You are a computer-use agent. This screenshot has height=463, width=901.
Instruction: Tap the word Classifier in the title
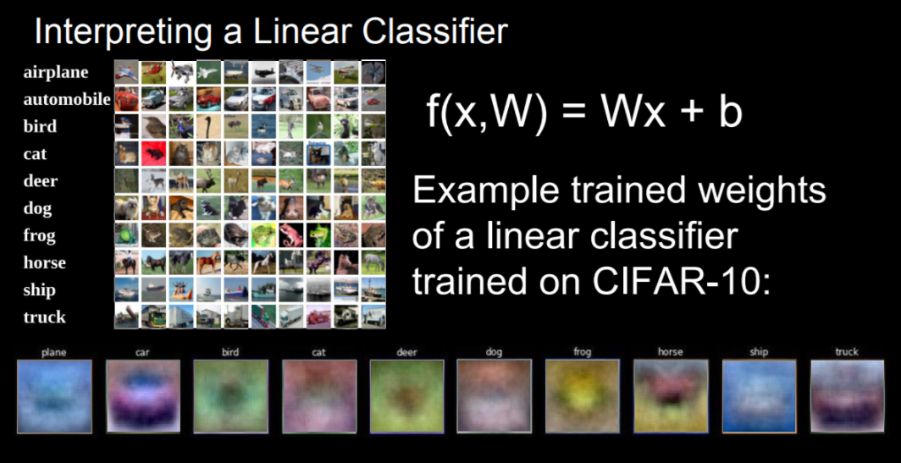click(x=435, y=31)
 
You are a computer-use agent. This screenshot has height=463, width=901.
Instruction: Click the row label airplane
click(x=56, y=73)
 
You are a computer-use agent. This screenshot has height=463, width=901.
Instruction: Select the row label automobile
click(x=67, y=99)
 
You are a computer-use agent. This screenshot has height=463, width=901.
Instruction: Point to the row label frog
click(x=40, y=236)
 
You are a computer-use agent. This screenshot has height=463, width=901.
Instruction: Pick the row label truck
click(x=45, y=317)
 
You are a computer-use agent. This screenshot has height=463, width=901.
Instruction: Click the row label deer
click(x=41, y=181)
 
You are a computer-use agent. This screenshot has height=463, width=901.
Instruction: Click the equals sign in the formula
click(x=572, y=114)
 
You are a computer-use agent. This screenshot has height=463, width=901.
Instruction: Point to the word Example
click(x=485, y=192)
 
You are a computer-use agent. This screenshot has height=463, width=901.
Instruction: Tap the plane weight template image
click(x=54, y=396)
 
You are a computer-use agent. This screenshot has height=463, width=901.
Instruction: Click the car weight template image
click(x=143, y=396)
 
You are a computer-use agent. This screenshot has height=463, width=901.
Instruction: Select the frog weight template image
click(x=582, y=396)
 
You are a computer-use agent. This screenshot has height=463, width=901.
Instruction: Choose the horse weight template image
click(x=671, y=396)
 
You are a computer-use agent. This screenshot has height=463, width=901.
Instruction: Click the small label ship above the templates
click(x=759, y=352)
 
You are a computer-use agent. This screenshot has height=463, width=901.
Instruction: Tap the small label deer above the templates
click(x=406, y=352)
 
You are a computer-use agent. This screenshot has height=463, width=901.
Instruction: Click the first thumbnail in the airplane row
click(x=126, y=72)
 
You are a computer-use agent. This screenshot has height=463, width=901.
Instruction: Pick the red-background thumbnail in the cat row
click(x=153, y=153)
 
